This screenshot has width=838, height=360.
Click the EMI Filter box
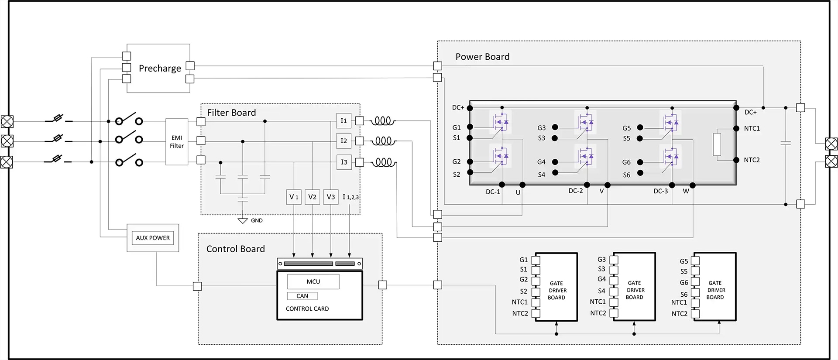click(x=177, y=142)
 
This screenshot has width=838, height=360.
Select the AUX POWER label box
click(x=153, y=238)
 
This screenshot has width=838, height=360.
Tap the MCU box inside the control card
click(x=313, y=281)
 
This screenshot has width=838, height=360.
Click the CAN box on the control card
click(x=302, y=296)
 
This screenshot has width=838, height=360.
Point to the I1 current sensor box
click(x=343, y=120)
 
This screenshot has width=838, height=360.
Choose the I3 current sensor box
click(x=343, y=162)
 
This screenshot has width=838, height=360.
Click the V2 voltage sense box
click(x=312, y=197)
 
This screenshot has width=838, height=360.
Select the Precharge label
click(x=160, y=69)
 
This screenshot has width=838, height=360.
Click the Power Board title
click(x=482, y=57)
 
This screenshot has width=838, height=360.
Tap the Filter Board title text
click(x=231, y=113)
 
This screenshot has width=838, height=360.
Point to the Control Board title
click(x=235, y=249)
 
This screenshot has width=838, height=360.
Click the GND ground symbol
click(x=243, y=221)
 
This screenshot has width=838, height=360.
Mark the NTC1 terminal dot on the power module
click(x=736, y=129)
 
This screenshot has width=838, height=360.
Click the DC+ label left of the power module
click(x=458, y=107)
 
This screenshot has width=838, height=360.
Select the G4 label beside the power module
click(x=541, y=162)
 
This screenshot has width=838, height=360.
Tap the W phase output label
click(x=686, y=191)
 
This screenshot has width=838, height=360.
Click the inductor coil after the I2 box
click(x=384, y=141)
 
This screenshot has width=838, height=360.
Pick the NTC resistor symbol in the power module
click(x=717, y=144)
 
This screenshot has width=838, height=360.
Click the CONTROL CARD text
click(x=307, y=309)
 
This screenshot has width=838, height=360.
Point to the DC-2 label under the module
click(x=575, y=191)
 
